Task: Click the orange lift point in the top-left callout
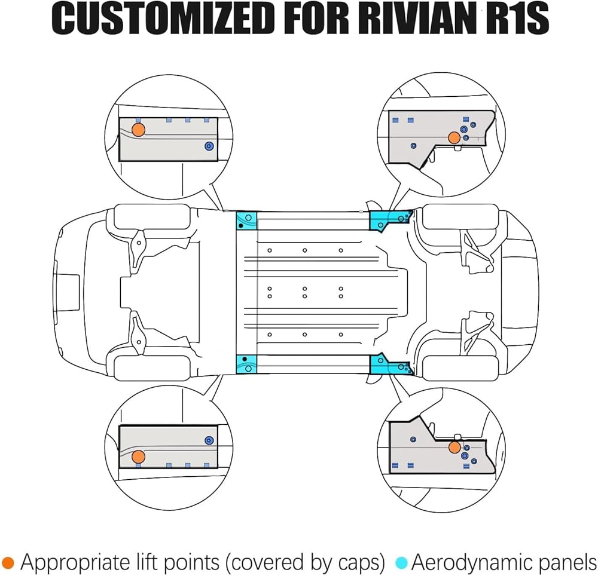click(x=139, y=130)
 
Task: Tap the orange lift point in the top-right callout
click(x=454, y=137)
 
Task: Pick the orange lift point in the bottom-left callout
click(x=139, y=456)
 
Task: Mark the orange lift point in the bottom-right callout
click(x=454, y=448)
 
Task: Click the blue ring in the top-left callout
click(x=209, y=146)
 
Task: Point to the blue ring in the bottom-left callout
click(x=209, y=440)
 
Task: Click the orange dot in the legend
click(x=8, y=563)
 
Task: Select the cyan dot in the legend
click(x=402, y=563)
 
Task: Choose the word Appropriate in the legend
click(x=75, y=563)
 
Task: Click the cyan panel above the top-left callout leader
click(x=246, y=221)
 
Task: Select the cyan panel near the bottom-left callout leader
click(x=246, y=364)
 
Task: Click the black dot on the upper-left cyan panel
click(x=240, y=226)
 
